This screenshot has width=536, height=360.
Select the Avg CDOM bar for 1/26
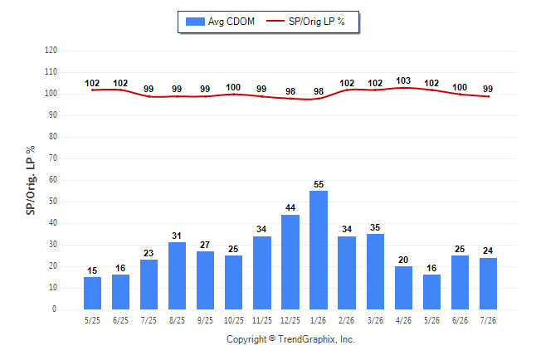click(319, 250)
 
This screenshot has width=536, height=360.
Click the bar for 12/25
click(290, 262)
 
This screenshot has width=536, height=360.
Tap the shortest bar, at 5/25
click(92, 293)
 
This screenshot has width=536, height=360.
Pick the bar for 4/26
click(403, 288)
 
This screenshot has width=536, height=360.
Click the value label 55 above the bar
click(319, 184)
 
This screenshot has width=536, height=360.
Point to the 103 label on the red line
click(403, 80)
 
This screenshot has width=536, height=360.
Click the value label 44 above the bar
click(290, 207)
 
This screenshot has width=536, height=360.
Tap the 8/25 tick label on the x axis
click(177, 320)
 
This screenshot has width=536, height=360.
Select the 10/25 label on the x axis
click(233, 320)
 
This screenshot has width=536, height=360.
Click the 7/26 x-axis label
click(488, 320)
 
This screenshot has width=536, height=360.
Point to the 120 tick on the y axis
click(51, 51)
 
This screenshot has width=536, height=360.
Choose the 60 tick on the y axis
click(52, 180)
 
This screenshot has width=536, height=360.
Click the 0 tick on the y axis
click(54, 309)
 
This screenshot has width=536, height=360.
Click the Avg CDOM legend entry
click(220, 22)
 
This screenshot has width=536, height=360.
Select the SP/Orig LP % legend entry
click(305, 22)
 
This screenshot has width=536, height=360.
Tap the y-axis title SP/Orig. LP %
click(31, 180)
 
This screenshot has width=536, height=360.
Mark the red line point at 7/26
click(488, 96)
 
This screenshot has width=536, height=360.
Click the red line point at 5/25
click(92, 90)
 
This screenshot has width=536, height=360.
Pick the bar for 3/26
click(375, 271)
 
